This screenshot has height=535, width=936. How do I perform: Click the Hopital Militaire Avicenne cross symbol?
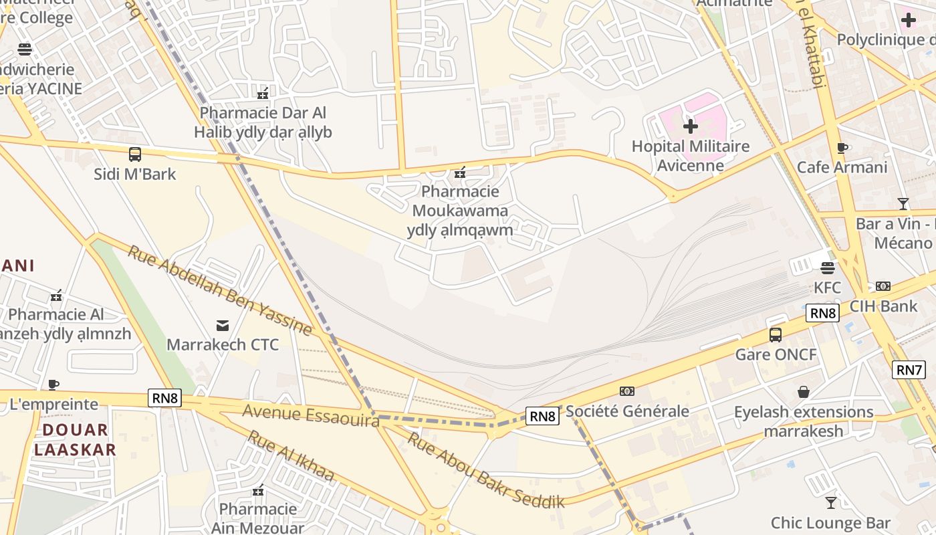[x=691, y=126]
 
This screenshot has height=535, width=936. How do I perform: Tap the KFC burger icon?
[x=828, y=268]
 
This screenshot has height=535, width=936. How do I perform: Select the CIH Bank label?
[x=884, y=306]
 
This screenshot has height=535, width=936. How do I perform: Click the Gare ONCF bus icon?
[x=776, y=334]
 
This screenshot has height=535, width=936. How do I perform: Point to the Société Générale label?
[x=627, y=411]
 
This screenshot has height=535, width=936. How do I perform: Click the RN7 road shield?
[x=909, y=369]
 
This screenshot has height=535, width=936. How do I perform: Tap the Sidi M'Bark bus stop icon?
[x=135, y=154]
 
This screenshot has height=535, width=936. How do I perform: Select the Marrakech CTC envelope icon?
[x=223, y=326]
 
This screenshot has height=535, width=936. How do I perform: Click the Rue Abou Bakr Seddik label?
[x=486, y=470]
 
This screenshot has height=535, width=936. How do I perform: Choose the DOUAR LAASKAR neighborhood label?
[x=75, y=439]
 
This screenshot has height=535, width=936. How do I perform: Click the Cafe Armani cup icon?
[x=842, y=148]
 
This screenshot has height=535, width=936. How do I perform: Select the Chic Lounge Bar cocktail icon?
[x=831, y=502]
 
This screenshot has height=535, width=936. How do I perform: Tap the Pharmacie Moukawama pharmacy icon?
[x=460, y=173]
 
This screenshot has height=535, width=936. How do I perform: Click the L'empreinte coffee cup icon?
[x=53, y=385]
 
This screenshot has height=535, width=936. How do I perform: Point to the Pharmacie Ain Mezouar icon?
[x=258, y=490]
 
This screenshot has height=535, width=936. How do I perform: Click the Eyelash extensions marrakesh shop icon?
[x=804, y=392]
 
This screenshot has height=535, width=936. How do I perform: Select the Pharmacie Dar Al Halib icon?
[x=263, y=93]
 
